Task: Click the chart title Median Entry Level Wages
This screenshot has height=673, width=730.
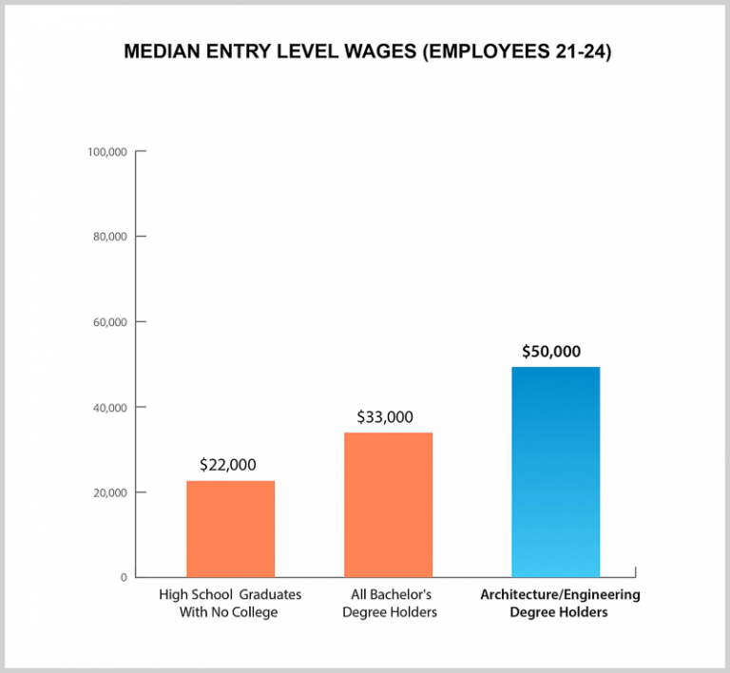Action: coord(367,51)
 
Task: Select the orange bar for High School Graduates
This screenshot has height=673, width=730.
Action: coord(230,529)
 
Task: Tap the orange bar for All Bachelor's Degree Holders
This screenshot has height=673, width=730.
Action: coord(388,505)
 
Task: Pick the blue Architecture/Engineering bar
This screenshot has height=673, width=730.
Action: coord(555,471)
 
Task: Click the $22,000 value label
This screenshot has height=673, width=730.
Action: coord(228,465)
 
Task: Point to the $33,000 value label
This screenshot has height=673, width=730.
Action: coord(385,416)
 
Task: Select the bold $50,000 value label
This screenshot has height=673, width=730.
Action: coord(550,351)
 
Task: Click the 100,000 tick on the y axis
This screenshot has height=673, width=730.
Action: coord(106,152)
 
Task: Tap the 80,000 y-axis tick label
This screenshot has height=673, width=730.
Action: coord(109,237)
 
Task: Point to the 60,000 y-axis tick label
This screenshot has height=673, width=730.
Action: coord(109,322)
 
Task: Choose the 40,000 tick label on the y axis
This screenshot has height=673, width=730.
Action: coord(109,407)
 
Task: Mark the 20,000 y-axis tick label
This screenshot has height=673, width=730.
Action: coord(109,492)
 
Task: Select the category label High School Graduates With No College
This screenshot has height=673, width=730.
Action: coord(229,604)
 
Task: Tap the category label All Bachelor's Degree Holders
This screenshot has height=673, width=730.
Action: coord(389,604)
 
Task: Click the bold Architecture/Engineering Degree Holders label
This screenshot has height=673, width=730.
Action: coord(559,604)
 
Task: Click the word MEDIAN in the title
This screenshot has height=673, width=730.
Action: coord(163,51)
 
